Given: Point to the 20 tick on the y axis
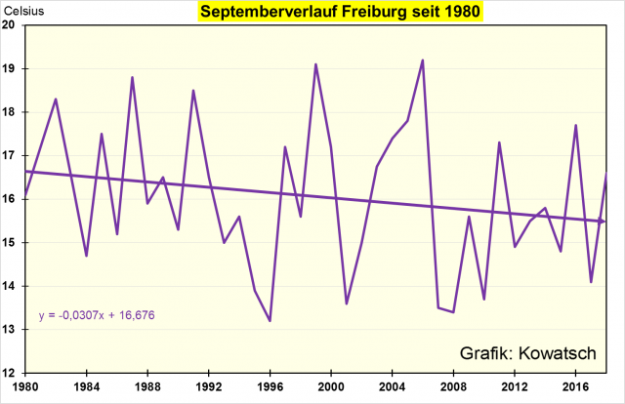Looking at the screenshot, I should point(11,25).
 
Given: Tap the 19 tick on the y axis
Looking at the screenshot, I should point(11,69).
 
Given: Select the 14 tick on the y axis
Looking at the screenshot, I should point(11,286).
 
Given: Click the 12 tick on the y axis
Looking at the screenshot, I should point(11,373).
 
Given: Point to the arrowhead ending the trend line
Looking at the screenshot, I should point(602,222).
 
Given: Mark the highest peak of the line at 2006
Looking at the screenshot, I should point(423,61).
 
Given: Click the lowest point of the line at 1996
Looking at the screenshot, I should point(270,321).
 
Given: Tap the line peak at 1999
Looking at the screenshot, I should point(315,64).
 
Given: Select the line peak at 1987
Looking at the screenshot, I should point(132,77).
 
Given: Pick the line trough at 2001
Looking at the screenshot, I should point(346,303).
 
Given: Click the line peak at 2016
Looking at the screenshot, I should point(575,125).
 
